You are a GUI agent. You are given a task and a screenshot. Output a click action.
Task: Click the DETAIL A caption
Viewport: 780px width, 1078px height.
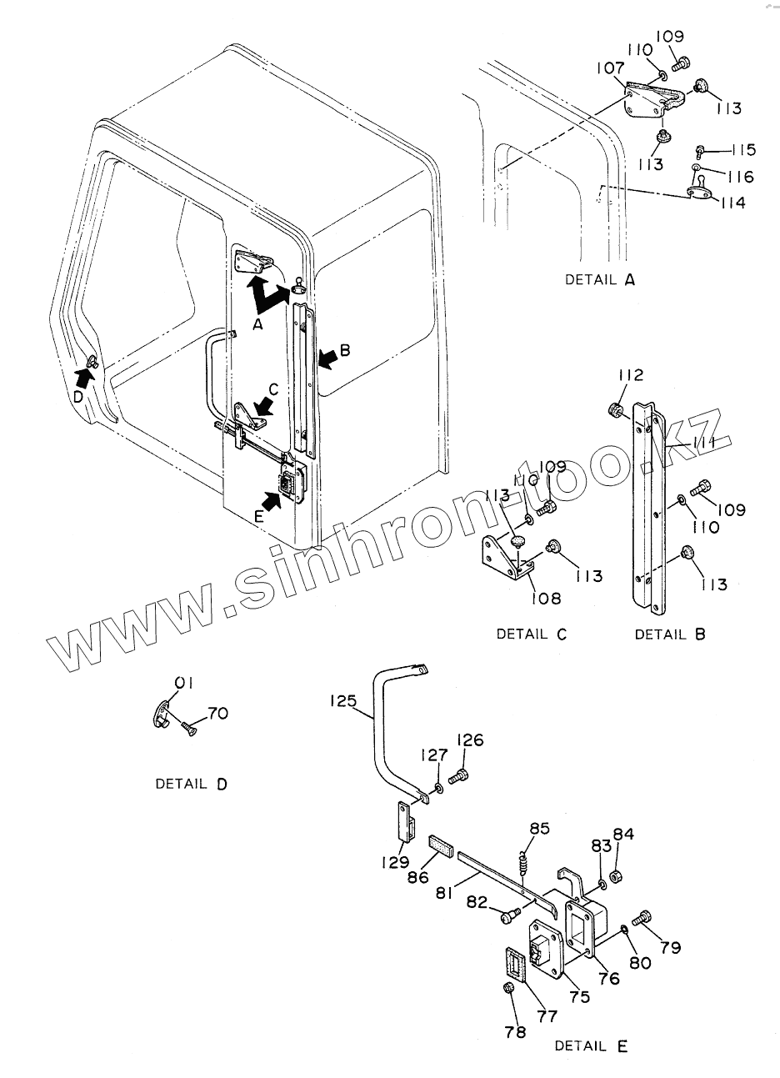pos(599,280)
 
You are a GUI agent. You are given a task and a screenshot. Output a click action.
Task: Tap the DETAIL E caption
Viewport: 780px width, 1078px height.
pos(591,1045)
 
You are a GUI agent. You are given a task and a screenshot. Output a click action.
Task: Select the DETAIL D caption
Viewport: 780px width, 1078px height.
pos(191,784)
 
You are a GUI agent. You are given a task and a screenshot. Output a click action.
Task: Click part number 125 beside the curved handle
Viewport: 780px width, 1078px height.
pos(343,702)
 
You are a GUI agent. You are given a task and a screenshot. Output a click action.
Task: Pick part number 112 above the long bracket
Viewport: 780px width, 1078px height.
pos(631,376)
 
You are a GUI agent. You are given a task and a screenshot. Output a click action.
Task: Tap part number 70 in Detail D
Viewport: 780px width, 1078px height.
pos(217,714)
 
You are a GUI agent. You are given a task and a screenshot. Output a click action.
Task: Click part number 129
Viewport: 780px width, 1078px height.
pos(396,863)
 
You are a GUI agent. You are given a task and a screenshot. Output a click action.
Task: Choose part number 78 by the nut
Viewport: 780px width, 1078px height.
pos(515,1032)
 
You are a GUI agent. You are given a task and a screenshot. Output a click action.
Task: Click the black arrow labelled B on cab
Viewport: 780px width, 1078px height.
pos(327,357)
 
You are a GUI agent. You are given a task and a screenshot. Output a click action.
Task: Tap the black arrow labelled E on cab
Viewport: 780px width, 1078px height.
pos(272,500)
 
